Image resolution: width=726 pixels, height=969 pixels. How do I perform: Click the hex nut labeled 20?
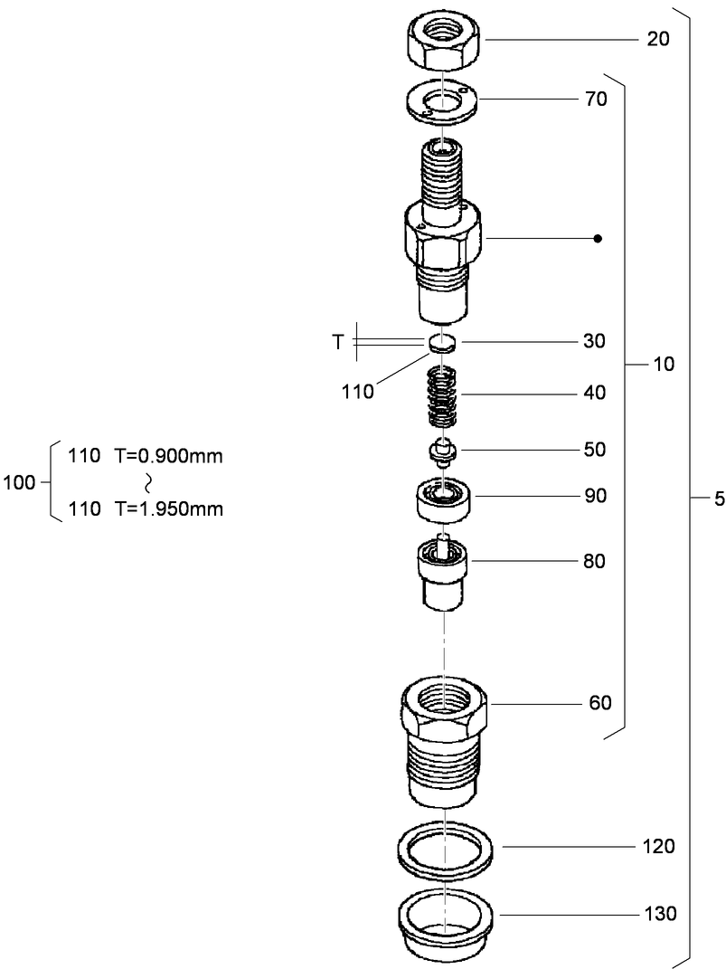coord(442,41)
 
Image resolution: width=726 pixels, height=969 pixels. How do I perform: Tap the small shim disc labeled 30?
coord(442,342)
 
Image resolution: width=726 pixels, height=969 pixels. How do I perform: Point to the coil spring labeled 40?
coord(442,395)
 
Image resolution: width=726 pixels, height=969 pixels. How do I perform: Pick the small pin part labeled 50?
coord(441,451)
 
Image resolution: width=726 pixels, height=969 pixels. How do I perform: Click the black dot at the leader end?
coord(597,239)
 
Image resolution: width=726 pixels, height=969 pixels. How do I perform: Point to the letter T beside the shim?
coord(337,342)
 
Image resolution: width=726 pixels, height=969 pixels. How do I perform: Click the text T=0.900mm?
coord(168,456)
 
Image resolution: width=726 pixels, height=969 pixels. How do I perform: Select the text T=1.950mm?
coord(168,509)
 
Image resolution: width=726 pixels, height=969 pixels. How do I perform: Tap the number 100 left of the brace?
coord(19,483)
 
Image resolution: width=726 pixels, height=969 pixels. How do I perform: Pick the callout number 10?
coord(665,365)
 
